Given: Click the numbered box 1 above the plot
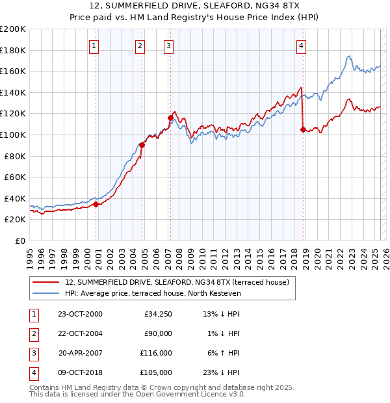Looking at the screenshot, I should (x=94, y=45).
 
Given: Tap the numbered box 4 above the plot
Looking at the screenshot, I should (x=302, y=45).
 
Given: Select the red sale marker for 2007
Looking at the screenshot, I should (x=170, y=118).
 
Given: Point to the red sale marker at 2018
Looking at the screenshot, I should (x=303, y=129).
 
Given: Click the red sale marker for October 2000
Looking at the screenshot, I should (x=96, y=204).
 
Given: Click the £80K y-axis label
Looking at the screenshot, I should (x=15, y=156).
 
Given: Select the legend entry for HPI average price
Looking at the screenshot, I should (x=153, y=294).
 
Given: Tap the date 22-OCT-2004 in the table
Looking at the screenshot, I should (x=80, y=333).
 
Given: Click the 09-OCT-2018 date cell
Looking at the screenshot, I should (x=80, y=372).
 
